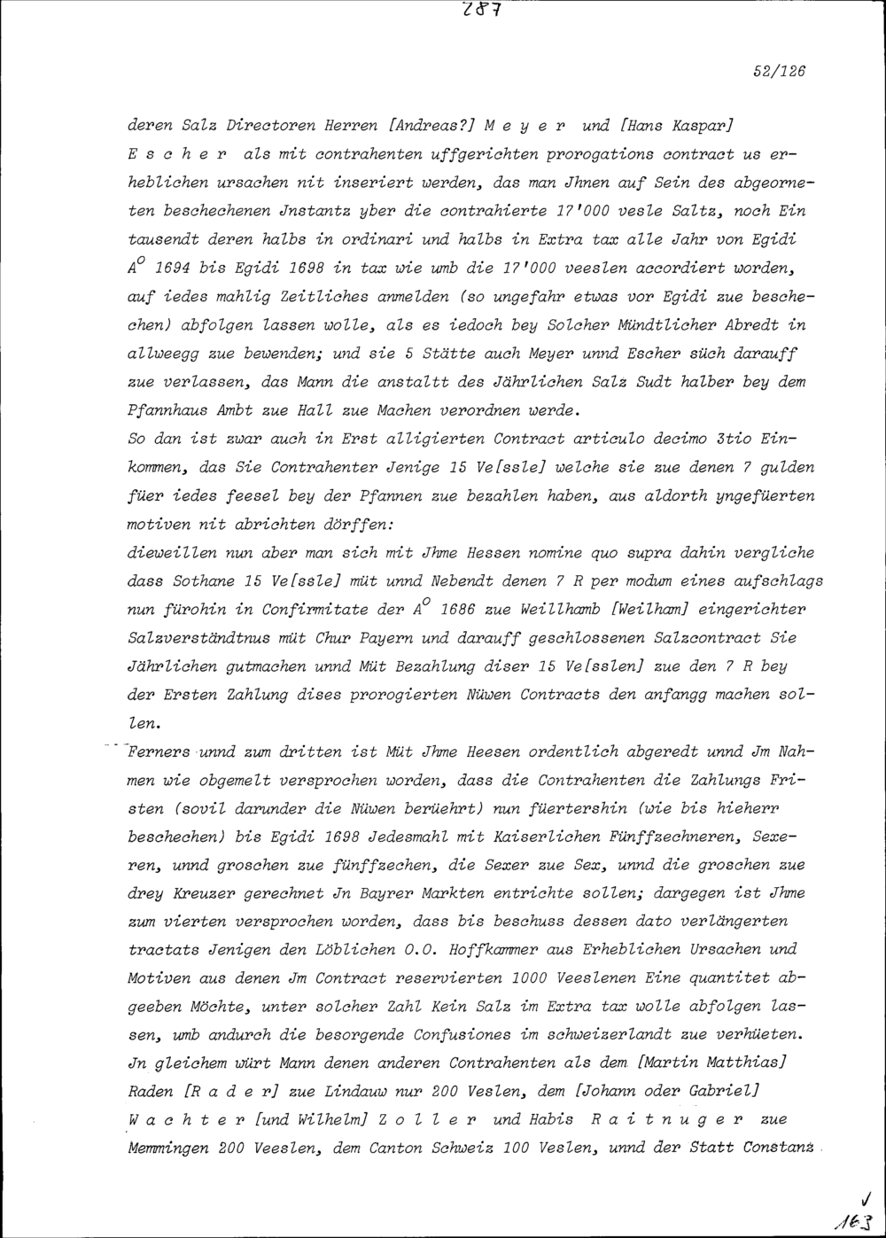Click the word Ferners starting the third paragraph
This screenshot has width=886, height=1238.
tap(163, 754)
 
